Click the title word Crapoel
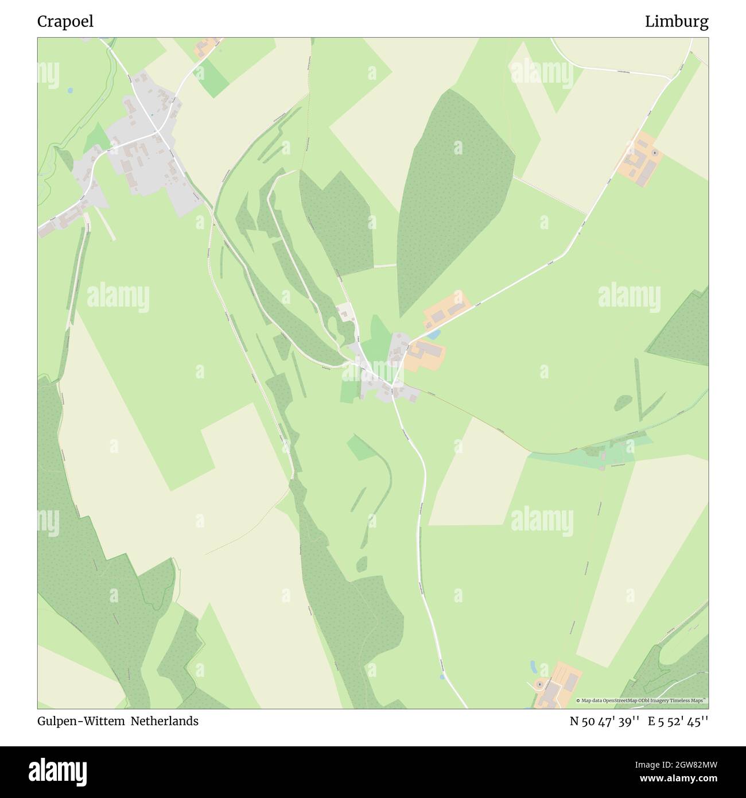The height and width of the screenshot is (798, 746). [65, 22]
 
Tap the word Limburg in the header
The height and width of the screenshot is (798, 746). [676, 22]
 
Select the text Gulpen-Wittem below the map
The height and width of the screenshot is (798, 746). [81, 721]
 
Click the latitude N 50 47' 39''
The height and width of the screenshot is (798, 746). [604, 721]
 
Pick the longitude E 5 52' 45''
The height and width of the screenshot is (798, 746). [678, 721]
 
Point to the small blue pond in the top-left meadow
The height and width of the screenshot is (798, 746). [69, 90]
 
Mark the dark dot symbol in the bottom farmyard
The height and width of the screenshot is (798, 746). [540, 685]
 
